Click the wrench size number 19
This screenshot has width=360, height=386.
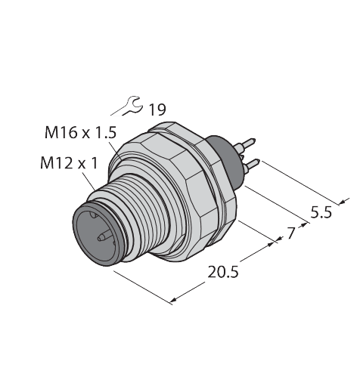tap(157, 110)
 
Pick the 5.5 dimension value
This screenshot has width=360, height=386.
tap(321, 212)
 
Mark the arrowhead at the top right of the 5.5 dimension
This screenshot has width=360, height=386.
tap(346, 200)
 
